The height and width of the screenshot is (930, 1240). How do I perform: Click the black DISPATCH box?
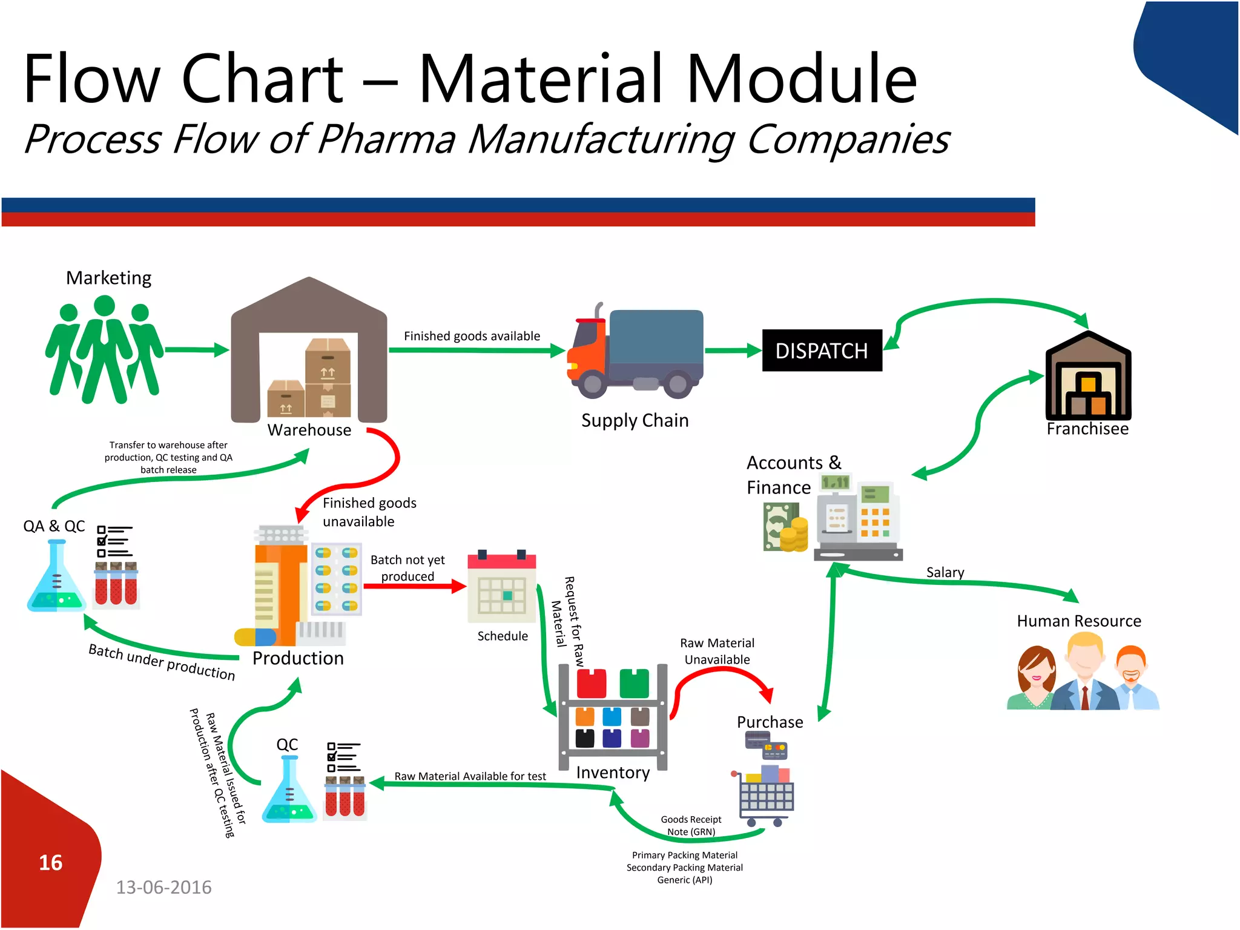[x=822, y=351]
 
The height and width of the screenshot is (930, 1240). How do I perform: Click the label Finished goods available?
[x=472, y=336]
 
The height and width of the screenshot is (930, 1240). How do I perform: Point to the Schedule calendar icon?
[x=501, y=587]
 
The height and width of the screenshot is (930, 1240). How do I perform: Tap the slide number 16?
[x=51, y=863]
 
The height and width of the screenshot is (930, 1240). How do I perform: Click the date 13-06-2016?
[x=163, y=888]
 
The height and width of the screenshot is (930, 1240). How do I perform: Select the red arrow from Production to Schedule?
[x=415, y=586]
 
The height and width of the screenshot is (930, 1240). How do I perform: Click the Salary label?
[x=945, y=573]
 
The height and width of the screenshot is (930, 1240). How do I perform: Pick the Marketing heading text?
[x=109, y=278]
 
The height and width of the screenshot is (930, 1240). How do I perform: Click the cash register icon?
[x=857, y=521]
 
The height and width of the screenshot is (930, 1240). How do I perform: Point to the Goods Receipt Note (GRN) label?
[x=691, y=826]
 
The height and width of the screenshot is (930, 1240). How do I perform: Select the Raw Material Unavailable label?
[x=717, y=651]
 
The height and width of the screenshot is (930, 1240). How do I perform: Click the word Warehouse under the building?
[x=309, y=430]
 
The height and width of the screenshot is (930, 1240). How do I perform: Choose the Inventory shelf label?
[x=613, y=773]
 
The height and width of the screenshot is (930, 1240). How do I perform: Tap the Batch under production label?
[x=162, y=662]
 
